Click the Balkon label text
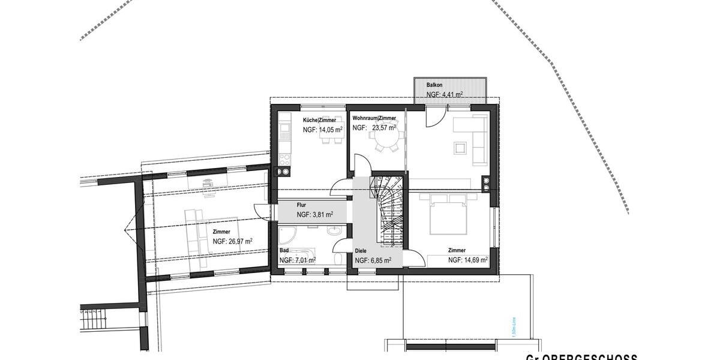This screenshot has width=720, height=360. (x=434, y=85)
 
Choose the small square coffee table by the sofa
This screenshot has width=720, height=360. (x=460, y=146)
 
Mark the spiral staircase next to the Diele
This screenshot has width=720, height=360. (x=388, y=210)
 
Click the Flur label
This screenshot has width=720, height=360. (x=302, y=205)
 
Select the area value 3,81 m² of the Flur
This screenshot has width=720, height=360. (x=315, y=214)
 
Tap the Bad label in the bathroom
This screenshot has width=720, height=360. (x=284, y=250)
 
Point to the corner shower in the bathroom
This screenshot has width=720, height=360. (x=287, y=235)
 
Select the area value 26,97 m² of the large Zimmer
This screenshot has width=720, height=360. (x=232, y=241)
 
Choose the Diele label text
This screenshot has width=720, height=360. (x=361, y=251)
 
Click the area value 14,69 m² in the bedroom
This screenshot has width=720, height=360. (x=468, y=260)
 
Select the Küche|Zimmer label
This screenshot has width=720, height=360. (x=319, y=120)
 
